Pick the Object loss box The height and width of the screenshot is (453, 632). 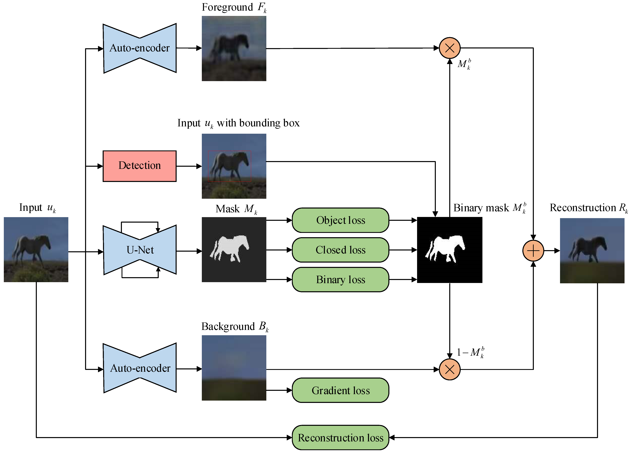click(340, 220)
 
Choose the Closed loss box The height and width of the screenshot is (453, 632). click(340, 250)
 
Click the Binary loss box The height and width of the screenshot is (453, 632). click(340, 280)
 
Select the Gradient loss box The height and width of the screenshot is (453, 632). click(340, 390)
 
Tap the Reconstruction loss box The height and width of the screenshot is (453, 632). click(340, 438)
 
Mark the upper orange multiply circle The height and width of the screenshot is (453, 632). click(449, 48)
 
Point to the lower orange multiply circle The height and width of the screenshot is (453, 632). click(449, 369)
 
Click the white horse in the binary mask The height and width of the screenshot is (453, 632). click(446, 247)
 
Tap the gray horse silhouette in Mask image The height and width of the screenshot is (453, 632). click(230, 247)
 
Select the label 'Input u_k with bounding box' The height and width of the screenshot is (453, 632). click(238, 123)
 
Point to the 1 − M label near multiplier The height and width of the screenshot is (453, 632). click(470, 352)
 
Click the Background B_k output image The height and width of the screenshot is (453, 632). click(234, 368)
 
